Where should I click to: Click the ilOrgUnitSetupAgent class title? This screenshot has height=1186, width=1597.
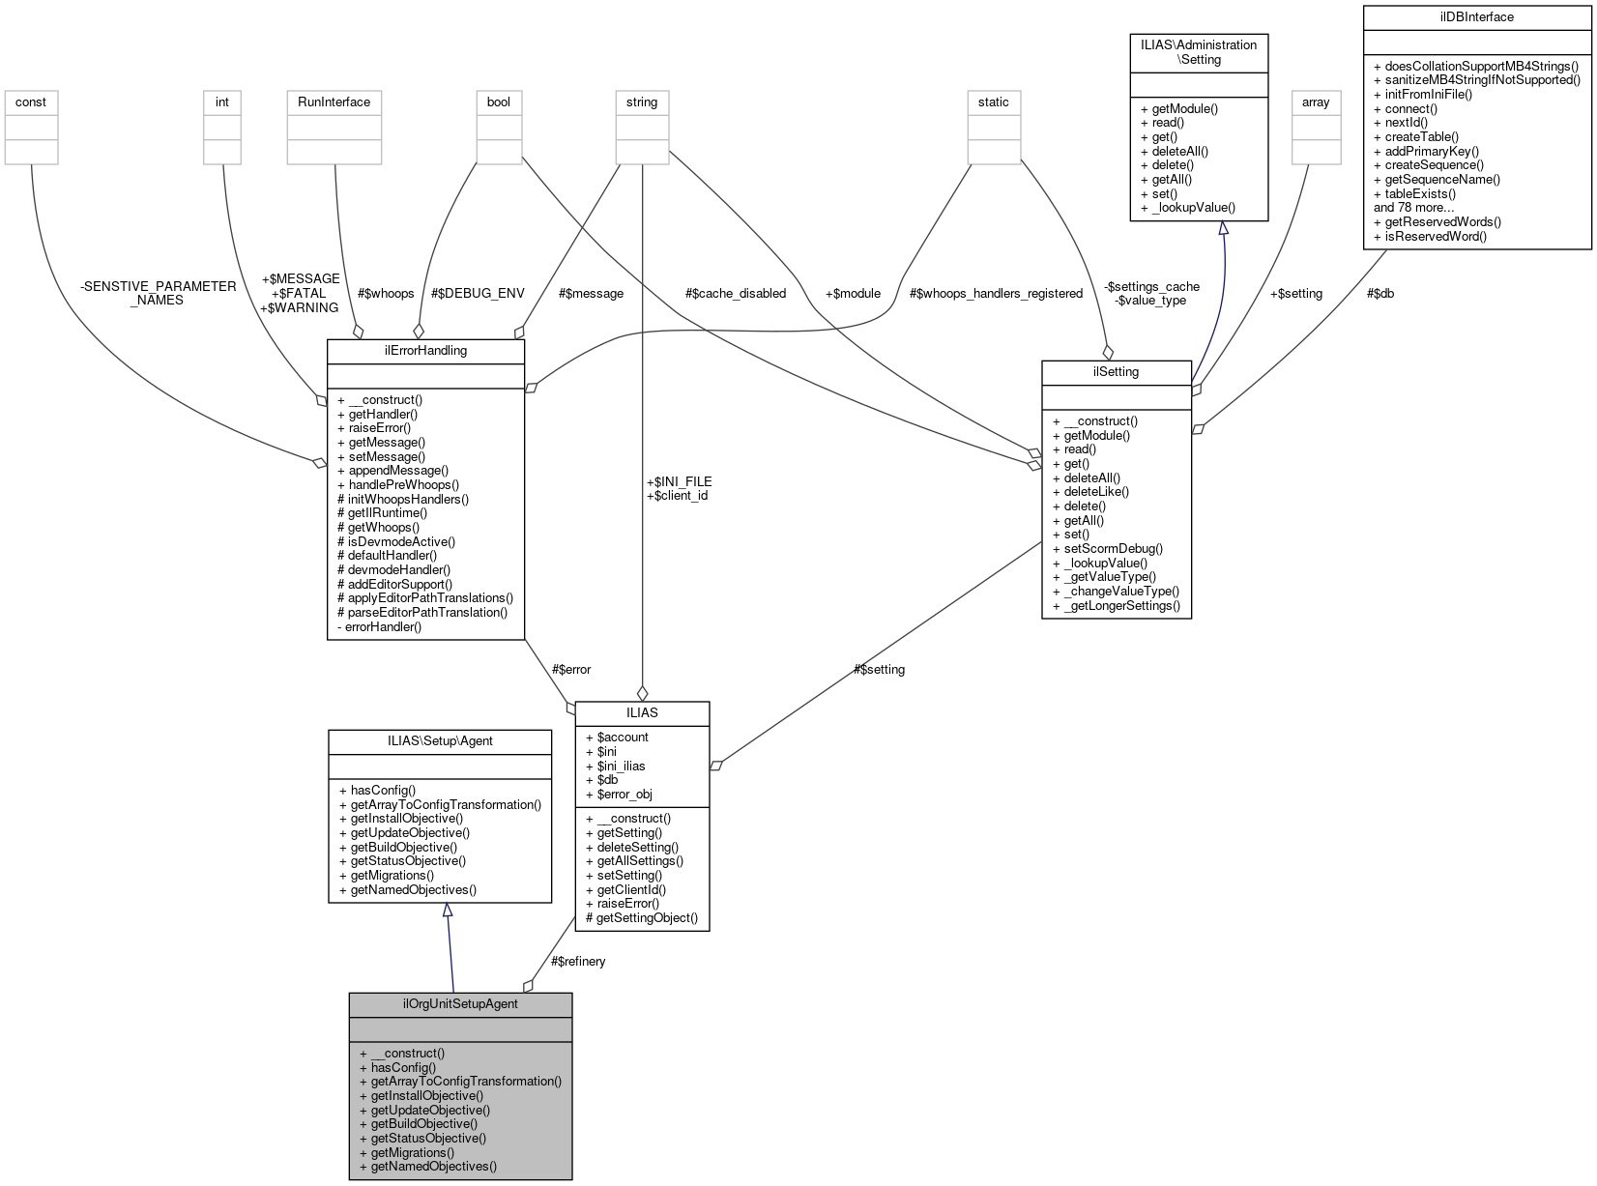tap(460, 1003)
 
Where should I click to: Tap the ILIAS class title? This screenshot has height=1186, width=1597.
tap(642, 712)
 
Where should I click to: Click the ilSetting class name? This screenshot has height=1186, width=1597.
tap(1116, 371)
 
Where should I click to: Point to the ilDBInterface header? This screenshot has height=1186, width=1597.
tap(1476, 16)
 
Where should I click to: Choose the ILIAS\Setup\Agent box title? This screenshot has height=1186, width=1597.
tap(440, 740)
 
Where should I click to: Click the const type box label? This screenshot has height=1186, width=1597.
tap(31, 101)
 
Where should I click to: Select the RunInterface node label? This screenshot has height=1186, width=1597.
tap(334, 101)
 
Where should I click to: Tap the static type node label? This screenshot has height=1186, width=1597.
tap(993, 101)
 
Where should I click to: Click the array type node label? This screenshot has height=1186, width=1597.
tap(1316, 101)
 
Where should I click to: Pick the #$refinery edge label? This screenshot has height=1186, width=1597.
tap(578, 961)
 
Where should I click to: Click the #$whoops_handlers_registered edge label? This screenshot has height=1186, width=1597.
tap(996, 293)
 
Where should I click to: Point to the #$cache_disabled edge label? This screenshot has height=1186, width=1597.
tap(735, 293)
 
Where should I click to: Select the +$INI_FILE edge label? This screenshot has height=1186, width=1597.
tap(679, 481)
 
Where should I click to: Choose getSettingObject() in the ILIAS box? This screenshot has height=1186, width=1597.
tap(647, 917)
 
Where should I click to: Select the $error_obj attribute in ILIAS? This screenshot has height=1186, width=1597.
tap(624, 794)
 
